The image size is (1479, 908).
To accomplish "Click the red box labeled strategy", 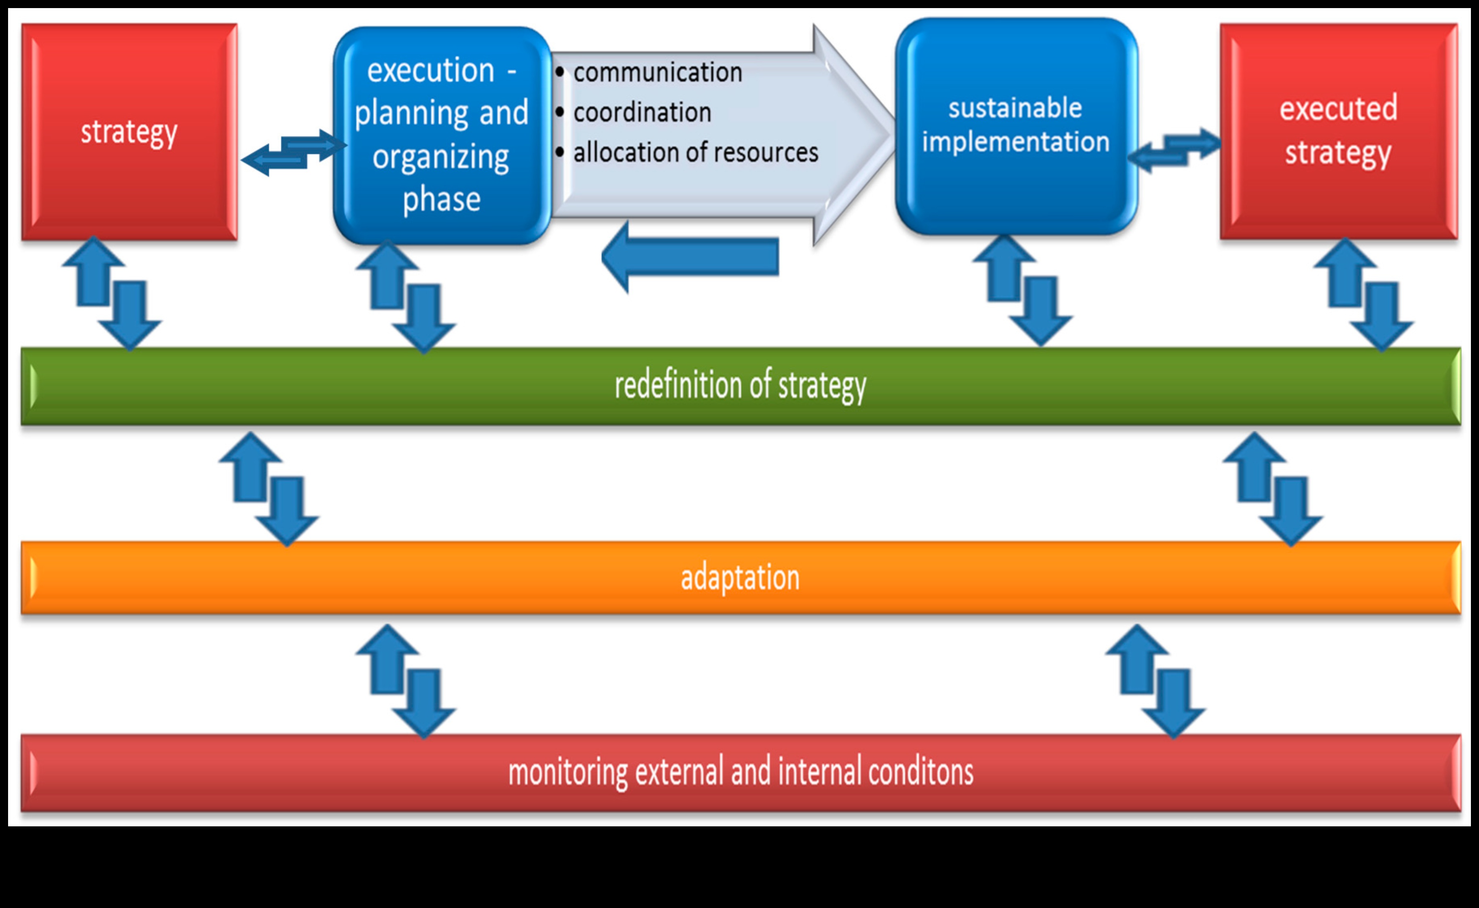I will pyautogui.click(x=129, y=132).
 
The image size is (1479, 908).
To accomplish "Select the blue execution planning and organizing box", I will pyautogui.click(x=442, y=135).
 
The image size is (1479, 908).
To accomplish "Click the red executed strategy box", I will pyautogui.click(x=1338, y=131).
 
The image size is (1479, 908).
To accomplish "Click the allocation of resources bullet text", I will pyautogui.click(x=696, y=152).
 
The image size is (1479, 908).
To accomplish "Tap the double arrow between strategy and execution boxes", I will pyautogui.click(x=293, y=152).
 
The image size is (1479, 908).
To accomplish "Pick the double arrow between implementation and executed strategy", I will pyautogui.click(x=1174, y=150).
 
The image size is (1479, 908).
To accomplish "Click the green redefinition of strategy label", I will pyautogui.click(x=740, y=386).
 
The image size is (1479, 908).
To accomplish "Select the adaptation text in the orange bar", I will pyautogui.click(x=740, y=578).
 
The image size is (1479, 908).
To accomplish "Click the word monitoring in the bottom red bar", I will pyautogui.click(x=568, y=772).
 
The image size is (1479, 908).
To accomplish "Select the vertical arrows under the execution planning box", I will pyautogui.click(x=406, y=297).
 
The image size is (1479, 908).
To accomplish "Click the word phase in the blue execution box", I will pyautogui.click(x=442, y=199).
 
